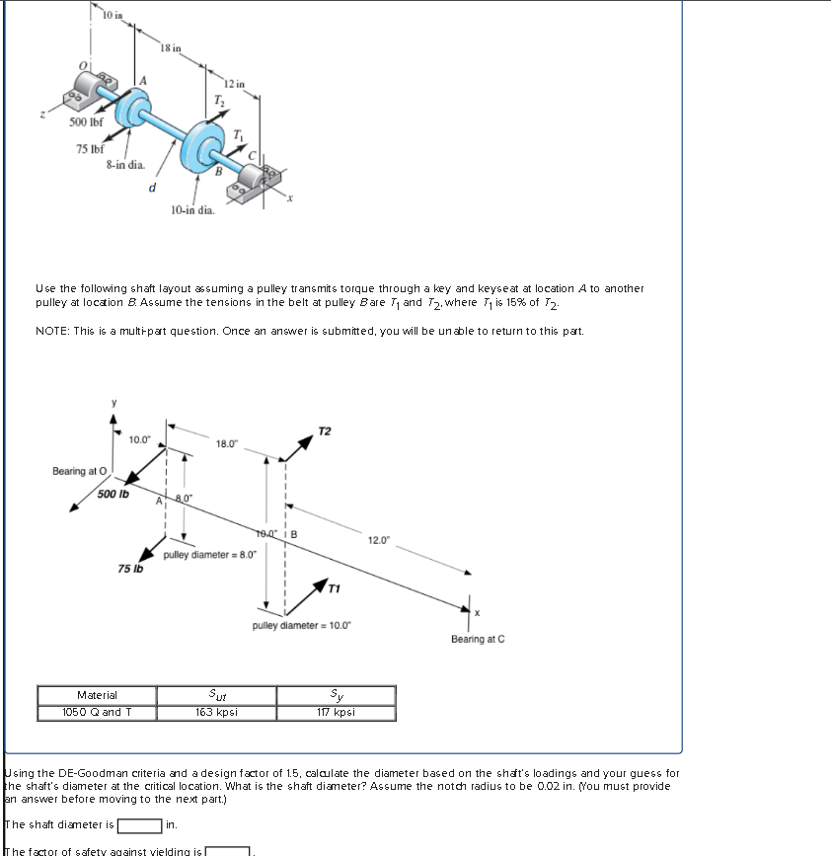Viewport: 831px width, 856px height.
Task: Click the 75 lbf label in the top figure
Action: click(x=92, y=149)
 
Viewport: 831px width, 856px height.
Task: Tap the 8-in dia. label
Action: click(x=125, y=165)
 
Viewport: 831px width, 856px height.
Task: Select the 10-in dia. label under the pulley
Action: click(x=192, y=210)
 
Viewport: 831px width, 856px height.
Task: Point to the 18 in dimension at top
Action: click(x=170, y=47)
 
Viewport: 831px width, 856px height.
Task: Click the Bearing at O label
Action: click(x=75, y=471)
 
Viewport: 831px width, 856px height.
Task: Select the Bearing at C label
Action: click(x=478, y=639)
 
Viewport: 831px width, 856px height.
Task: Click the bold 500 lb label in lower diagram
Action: click(x=113, y=494)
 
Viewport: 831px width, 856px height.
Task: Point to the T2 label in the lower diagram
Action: click(x=326, y=431)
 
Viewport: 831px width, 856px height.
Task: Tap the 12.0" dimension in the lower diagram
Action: click(x=380, y=540)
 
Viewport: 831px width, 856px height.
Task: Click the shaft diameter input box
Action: click(x=139, y=824)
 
